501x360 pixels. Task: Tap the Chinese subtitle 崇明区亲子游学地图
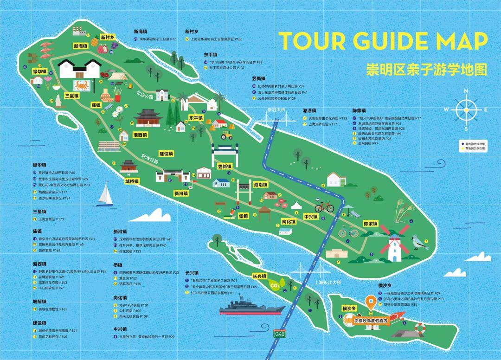pyautogui.click(x=426, y=70)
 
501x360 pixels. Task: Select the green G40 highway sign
pyautogui.click(x=279, y=334)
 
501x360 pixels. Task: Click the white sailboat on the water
pyautogui.click(x=105, y=194)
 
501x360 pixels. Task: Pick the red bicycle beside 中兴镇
pyautogui.click(x=324, y=206)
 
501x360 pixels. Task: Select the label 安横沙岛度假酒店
pyautogui.click(x=371, y=321)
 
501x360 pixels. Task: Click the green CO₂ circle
pyautogui.click(x=275, y=285)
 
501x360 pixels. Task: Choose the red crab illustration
pyautogui.click(x=82, y=85)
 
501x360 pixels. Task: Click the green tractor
pyautogui.click(x=227, y=135)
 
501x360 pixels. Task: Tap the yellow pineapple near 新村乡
pyautogui.click(x=95, y=42)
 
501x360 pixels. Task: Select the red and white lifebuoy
pyautogui.click(x=420, y=329)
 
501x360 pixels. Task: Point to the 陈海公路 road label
pyautogui.click(x=150, y=160)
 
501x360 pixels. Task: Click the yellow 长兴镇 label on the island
pyautogui.click(x=259, y=276)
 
